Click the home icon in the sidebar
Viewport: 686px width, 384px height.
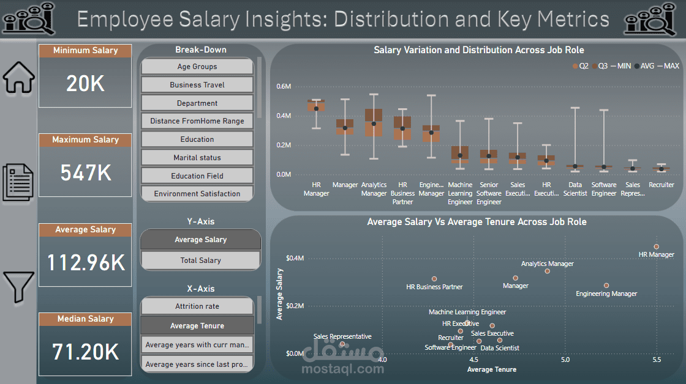click(19, 77)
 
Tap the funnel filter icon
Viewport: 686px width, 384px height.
click(19, 287)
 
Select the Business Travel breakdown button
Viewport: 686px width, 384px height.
click(197, 85)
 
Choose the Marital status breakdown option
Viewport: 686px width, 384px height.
click(197, 158)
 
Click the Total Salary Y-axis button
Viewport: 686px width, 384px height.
click(200, 260)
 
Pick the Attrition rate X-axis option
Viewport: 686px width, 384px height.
click(197, 306)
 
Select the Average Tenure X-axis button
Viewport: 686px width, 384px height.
click(197, 326)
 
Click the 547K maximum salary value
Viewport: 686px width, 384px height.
click(86, 174)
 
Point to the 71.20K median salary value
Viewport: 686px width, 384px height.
click(86, 352)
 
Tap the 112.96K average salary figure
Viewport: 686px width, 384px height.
click(86, 263)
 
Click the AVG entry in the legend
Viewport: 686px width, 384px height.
click(644, 65)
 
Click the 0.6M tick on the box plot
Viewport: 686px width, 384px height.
click(284, 86)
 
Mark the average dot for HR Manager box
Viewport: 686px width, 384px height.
click(316, 109)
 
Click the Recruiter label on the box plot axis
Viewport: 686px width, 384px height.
click(661, 185)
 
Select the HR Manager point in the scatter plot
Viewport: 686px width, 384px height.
click(656, 246)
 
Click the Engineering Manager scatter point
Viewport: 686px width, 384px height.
click(606, 286)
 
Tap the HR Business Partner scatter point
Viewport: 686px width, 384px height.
click(434, 279)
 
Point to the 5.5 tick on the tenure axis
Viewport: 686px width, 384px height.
click(657, 360)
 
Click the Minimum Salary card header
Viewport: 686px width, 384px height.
click(86, 51)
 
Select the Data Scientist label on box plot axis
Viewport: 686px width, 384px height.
click(575, 189)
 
